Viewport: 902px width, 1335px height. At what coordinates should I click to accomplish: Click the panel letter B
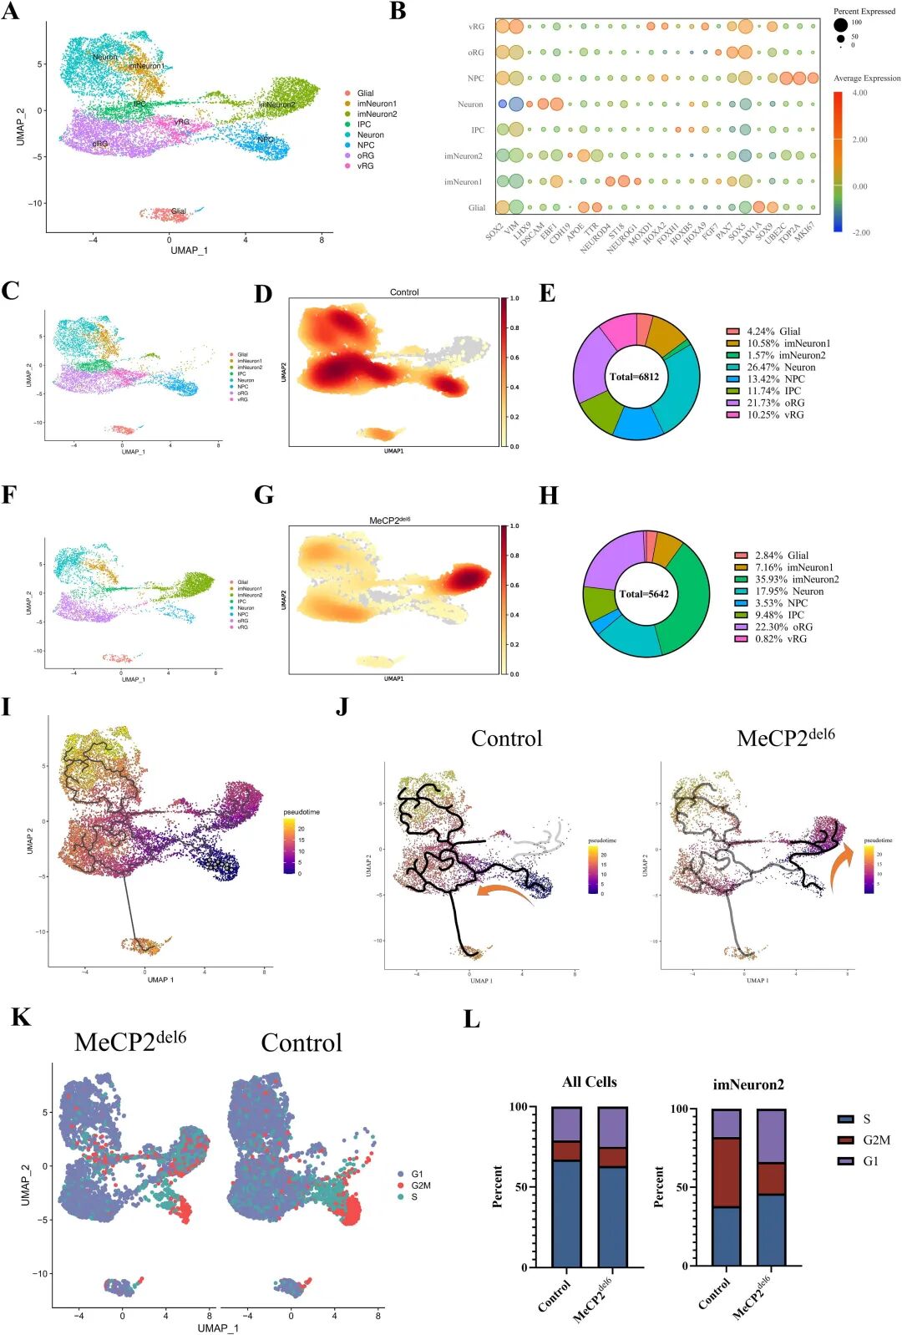(x=398, y=12)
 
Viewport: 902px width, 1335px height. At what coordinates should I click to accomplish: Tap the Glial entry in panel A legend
(x=365, y=94)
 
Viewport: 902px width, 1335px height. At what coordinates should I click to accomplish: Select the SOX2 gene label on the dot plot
(x=494, y=231)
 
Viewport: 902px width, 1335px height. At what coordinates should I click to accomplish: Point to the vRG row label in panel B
(x=476, y=27)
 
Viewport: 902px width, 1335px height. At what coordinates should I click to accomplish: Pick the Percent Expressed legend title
(x=864, y=12)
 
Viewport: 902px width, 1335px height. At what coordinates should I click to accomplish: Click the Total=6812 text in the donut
(x=634, y=377)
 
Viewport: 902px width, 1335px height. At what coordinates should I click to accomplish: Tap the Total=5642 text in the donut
(x=644, y=594)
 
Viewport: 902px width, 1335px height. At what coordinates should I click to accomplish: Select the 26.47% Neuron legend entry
(x=780, y=367)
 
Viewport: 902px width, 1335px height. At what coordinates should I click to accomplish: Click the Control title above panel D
(x=404, y=292)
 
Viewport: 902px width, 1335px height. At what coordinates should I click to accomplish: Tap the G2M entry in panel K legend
(x=420, y=1185)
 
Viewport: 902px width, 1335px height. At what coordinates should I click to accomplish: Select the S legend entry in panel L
(x=866, y=1119)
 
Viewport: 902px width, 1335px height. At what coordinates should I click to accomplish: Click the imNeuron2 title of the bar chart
(x=748, y=1084)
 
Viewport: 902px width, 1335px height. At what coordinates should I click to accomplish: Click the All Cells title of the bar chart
(x=590, y=1082)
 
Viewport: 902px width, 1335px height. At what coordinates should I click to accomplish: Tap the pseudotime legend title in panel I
(x=301, y=812)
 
